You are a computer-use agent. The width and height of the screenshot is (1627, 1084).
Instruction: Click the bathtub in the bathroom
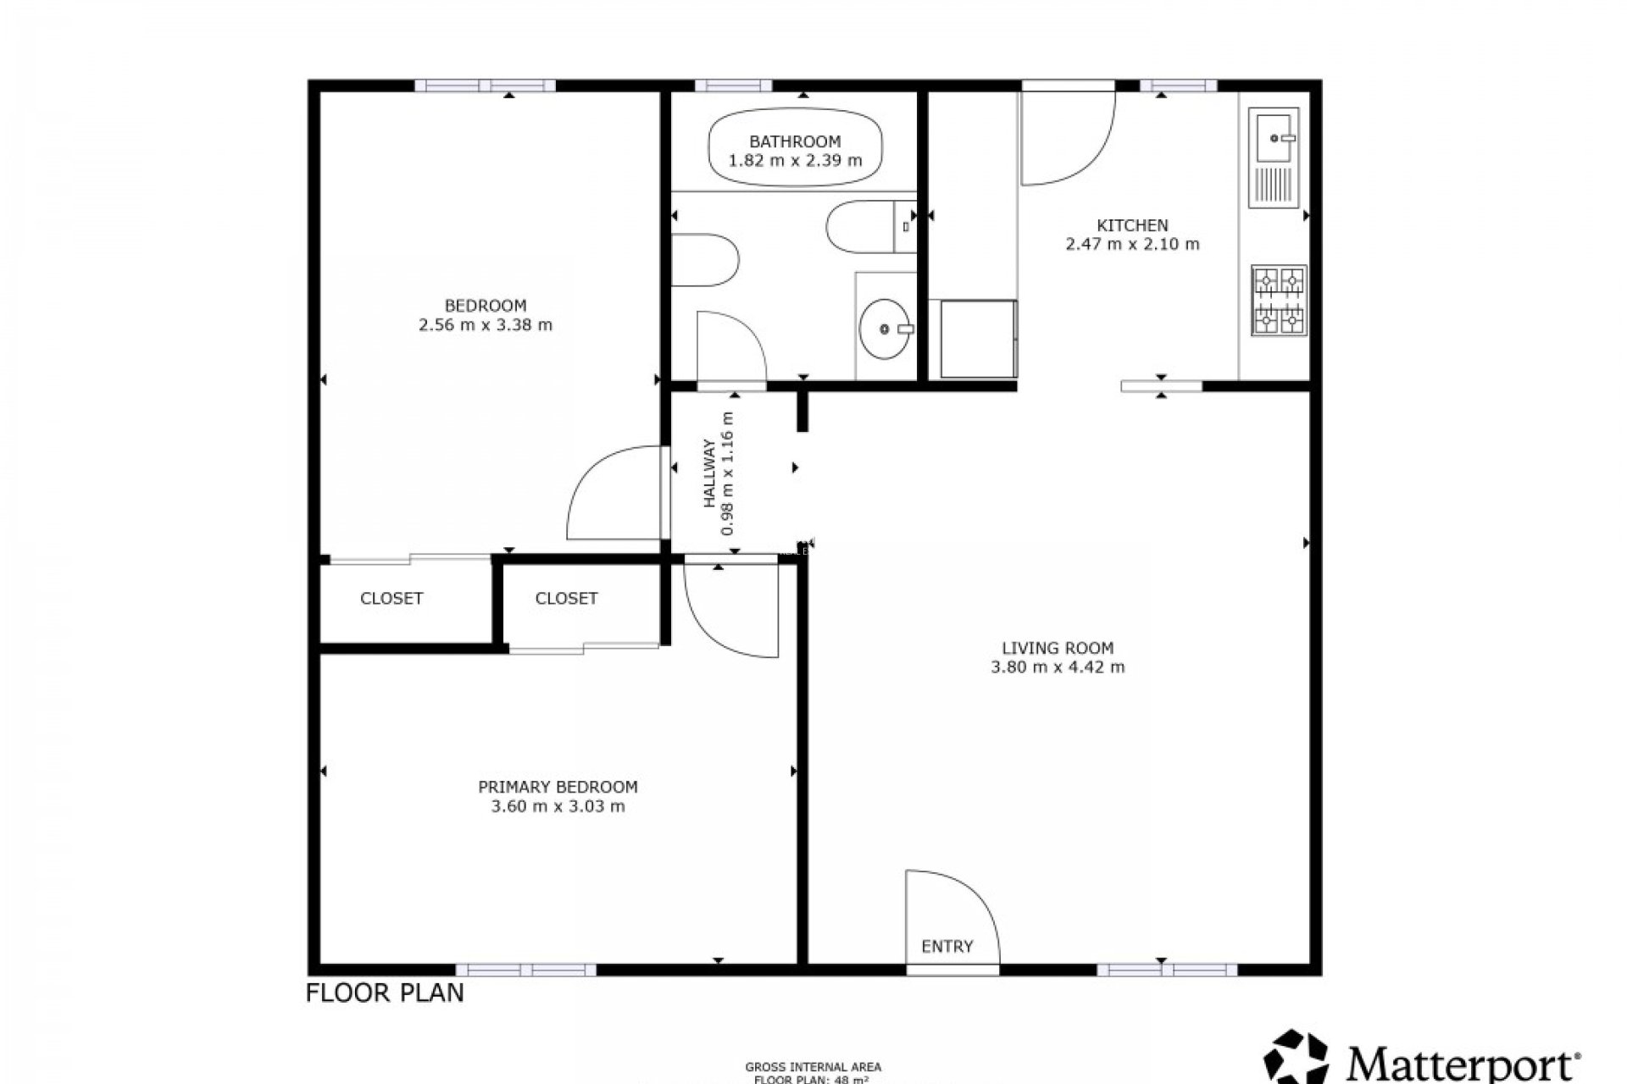(795, 151)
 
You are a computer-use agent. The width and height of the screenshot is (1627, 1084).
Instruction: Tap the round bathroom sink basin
(886, 329)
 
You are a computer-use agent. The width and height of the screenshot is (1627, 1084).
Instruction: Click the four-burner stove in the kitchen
(1279, 301)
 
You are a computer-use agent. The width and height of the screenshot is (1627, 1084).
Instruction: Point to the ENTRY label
(947, 946)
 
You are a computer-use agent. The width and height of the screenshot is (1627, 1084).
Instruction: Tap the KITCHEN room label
(1132, 225)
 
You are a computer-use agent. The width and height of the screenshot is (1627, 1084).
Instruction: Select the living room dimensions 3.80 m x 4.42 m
(1058, 667)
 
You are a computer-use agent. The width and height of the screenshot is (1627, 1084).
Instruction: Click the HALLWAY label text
(709, 484)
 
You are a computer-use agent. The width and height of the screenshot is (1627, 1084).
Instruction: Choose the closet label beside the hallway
(566, 599)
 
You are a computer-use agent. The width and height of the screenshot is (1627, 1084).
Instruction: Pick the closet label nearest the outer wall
(391, 599)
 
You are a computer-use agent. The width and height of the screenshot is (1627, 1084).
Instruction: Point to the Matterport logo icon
(1297, 1059)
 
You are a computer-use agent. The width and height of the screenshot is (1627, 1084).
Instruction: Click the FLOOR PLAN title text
(385, 993)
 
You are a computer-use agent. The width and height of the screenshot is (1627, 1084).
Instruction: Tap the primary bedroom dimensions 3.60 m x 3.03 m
(558, 806)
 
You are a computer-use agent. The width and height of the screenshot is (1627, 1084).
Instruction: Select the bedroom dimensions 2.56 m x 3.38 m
(486, 325)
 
